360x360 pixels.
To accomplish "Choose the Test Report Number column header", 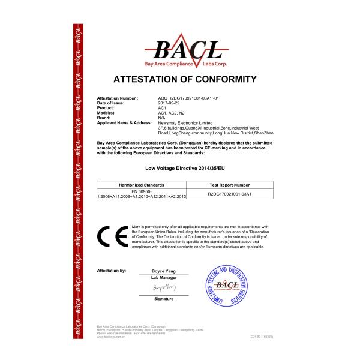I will tap(229, 185).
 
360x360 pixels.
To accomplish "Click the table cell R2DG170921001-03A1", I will tap(229, 194).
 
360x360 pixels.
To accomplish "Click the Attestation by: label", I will tap(111, 271).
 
